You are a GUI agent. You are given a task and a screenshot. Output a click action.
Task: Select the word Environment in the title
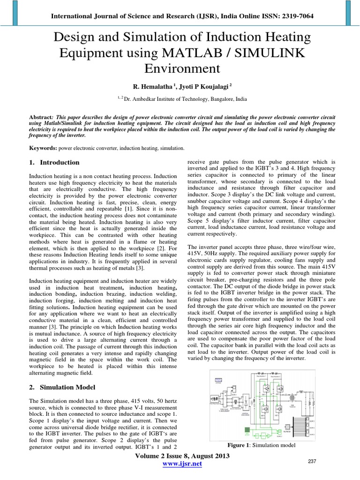[180, 68]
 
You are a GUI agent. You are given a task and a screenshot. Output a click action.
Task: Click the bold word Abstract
[39, 116]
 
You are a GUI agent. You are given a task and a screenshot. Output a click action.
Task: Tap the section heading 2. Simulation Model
[62, 388]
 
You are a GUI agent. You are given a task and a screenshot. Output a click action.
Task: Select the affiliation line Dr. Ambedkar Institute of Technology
[180, 99]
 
